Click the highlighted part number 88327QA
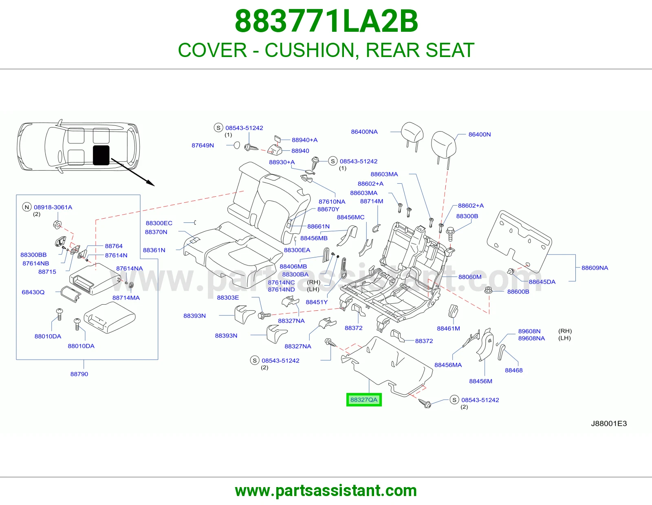click(x=363, y=400)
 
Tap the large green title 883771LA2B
click(x=326, y=21)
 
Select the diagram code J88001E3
click(x=609, y=424)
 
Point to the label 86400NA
click(x=364, y=132)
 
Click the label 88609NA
click(x=595, y=268)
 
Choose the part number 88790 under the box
click(x=79, y=374)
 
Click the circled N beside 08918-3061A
click(x=27, y=207)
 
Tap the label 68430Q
click(x=33, y=292)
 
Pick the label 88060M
click(x=470, y=277)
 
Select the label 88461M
click(x=448, y=328)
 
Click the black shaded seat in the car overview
click(x=101, y=155)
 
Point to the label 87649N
click(x=203, y=145)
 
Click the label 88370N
click(x=156, y=232)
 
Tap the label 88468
click(x=514, y=370)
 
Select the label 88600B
click(x=518, y=292)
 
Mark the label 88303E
click(x=228, y=297)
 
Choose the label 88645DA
click(x=542, y=282)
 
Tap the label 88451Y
click(x=317, y=302)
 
